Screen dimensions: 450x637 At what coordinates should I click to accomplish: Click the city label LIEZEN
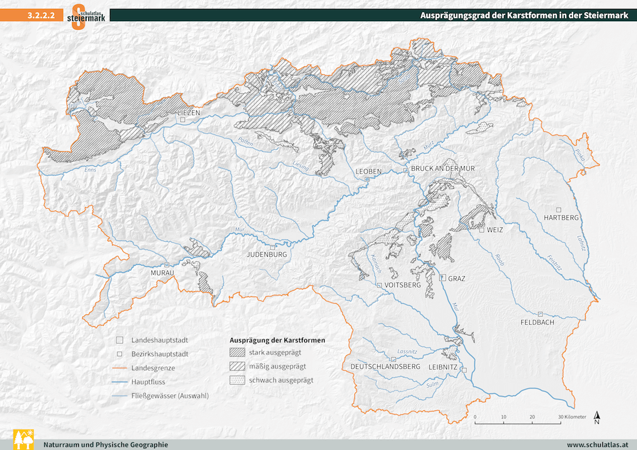[188, 113]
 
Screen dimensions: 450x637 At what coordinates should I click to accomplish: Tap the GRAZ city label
[455, 279]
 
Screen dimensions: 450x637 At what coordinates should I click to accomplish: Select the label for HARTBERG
[561, 218]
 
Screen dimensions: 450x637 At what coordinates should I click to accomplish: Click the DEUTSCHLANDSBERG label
[385, 366]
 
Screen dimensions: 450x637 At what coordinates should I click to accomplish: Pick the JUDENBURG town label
[267, 255]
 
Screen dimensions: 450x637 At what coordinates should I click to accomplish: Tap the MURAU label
[163, 273]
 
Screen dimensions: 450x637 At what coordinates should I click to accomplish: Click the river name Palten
[245, 142]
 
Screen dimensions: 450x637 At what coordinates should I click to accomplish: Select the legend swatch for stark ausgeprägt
[237, 352]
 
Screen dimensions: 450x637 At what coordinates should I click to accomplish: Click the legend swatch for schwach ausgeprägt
[237, 380]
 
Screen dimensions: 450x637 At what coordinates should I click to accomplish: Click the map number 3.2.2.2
[40, 16]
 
